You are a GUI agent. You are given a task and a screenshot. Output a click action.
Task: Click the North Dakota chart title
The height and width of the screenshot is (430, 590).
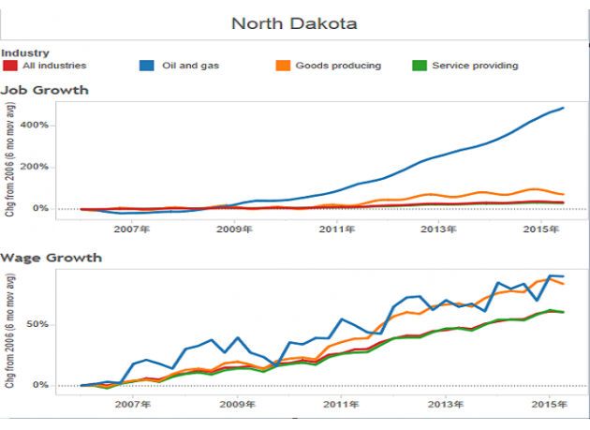coord(294,22)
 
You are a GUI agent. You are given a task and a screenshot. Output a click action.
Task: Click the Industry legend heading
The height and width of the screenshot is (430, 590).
coord(25,53)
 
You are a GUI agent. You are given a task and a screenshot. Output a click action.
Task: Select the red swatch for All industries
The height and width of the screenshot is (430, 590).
coord(9,66)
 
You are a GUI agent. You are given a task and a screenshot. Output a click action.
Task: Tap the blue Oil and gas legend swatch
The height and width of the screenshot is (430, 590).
coord(146,66)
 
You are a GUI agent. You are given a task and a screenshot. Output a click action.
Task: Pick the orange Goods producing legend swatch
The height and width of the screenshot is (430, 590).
coord(281,66)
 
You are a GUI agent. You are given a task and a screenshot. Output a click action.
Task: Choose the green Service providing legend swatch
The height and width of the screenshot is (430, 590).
coord(419,66)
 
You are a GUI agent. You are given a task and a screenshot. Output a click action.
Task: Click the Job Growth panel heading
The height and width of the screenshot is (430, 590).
coord(45,90)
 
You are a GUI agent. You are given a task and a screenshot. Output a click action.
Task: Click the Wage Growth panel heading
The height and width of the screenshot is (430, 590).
coord(51,257)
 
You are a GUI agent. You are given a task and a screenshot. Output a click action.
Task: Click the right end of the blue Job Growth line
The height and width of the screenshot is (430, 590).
coord(563,108)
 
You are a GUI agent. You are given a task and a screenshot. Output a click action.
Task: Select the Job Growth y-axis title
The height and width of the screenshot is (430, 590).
coord(9,165)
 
